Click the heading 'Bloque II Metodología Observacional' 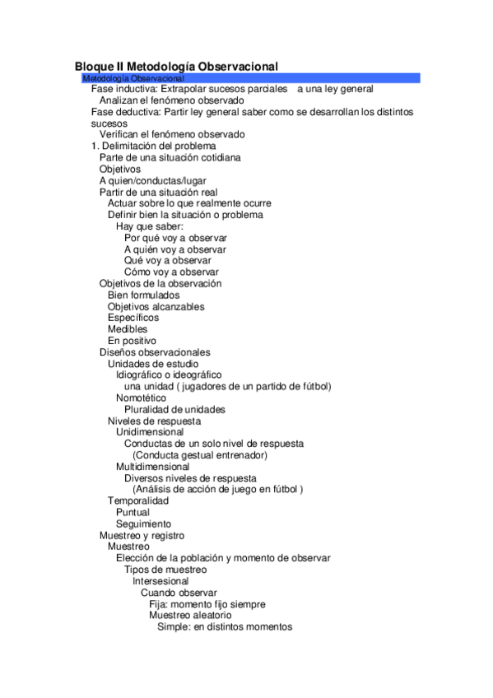pyautogui.click(x=176, y=66)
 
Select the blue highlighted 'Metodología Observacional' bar pyautogui.click(x=251, y=77)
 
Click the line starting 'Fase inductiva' pyautogui.click(x=232, y=88)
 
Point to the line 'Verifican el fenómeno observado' pyautogui.click(x=172, y=134)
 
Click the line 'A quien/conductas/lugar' pyautogui.click(x=153, y=180)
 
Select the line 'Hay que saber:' pyautogui.click(x=149, y=226)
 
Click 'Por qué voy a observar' pyautogui.click(x=175, y=237)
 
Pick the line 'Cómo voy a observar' pyautogui.click(x=171, y=272)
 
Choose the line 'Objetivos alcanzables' pyautogui.click(x=156, y=306)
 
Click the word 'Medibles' pyautogui.click(x=128, y=329)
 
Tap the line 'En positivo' pyautogui.click(x=132, y=341)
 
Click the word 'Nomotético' pyautogui.click(x=141, y=398)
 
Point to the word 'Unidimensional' pyautogui.click(x=150, y=431)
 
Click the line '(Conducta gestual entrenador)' pyautogui.click(x=200, y=454)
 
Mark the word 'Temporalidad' pyautogui.click(x=138, y=500)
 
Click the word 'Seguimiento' pyautogui.click(x=143, y=523)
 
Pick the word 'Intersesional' pyautogui.click(x=160, y=580)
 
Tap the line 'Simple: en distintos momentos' pyautogui.click(x=225, y=626)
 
